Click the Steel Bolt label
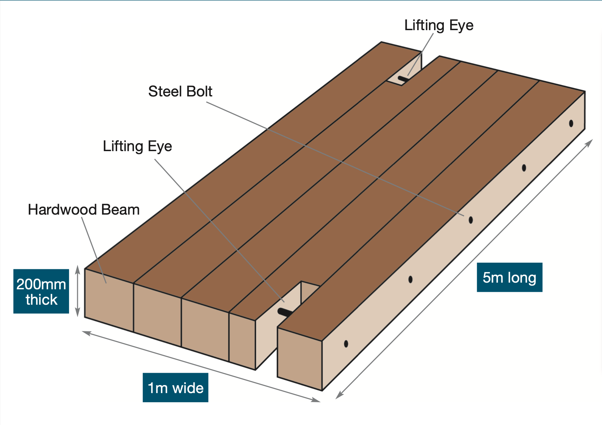tap(180, 92)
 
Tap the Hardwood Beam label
tap(84, 210)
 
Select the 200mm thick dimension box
tap(41, 291)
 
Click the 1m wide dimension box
tap(175, 387)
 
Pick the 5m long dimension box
tap(509, 277)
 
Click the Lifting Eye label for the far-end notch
tap(439, 25)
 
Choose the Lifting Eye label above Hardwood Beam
tap(137, 146)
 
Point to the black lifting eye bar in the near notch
tap(285, 312)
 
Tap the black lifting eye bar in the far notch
tap(403, 79)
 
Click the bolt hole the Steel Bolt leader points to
tap(471, 220)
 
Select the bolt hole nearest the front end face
tap(346, 344)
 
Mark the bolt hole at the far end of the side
tap(571, 123)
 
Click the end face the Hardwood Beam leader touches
tap(109, 300)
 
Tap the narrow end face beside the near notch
tap(242, 340)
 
